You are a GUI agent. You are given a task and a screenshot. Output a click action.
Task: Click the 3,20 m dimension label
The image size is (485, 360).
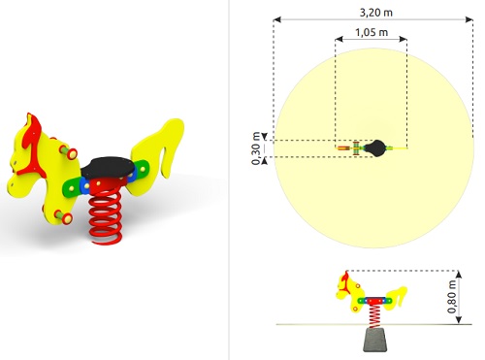click(x=376, y=13)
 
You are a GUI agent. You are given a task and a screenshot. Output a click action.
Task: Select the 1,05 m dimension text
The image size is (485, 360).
click(x=372, y=32)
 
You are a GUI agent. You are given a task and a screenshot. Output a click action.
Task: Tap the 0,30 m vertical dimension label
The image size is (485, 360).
click(x=256, y=148)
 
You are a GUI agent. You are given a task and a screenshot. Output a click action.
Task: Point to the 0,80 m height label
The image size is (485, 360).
click(x=452, y=297)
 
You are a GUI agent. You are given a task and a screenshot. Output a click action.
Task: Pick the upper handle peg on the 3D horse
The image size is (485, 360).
click(x=68, y=151)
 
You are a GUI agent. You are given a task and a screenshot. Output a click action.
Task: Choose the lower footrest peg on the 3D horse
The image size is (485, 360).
click(x=63, y=216)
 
